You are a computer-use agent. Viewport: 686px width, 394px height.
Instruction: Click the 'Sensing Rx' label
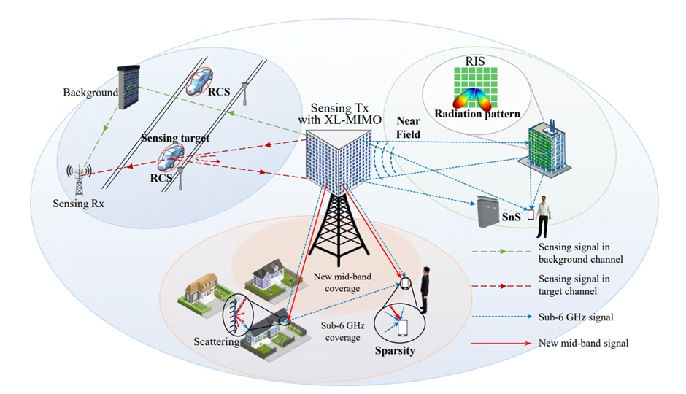pos(78,204)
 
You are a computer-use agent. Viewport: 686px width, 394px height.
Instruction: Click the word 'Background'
pos(90,93)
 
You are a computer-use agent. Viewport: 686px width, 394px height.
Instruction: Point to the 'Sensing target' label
pos(175,137)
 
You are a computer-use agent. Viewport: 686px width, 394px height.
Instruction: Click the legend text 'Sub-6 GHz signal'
pos(571,317)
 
